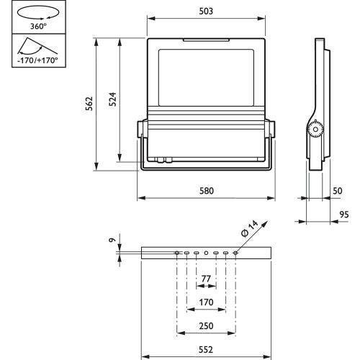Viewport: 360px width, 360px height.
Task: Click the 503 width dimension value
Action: [x=206, y=11]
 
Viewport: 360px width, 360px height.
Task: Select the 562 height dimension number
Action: [x=89, y=104]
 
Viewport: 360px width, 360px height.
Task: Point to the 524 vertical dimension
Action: [x=112, y=99]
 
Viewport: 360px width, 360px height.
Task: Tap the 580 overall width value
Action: [x=207, y=191]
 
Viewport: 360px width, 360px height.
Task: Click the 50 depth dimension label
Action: [x=338, y=191]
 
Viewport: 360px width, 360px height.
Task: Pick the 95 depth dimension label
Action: [x=344, y=215]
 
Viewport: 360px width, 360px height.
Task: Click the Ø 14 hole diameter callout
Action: [x=250, y=228]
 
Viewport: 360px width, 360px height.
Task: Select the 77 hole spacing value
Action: [x=206, y=279]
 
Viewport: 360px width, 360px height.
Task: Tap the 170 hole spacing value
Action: [x=206, y=302]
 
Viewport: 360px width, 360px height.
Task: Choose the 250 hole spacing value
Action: [x=206, y=326]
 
